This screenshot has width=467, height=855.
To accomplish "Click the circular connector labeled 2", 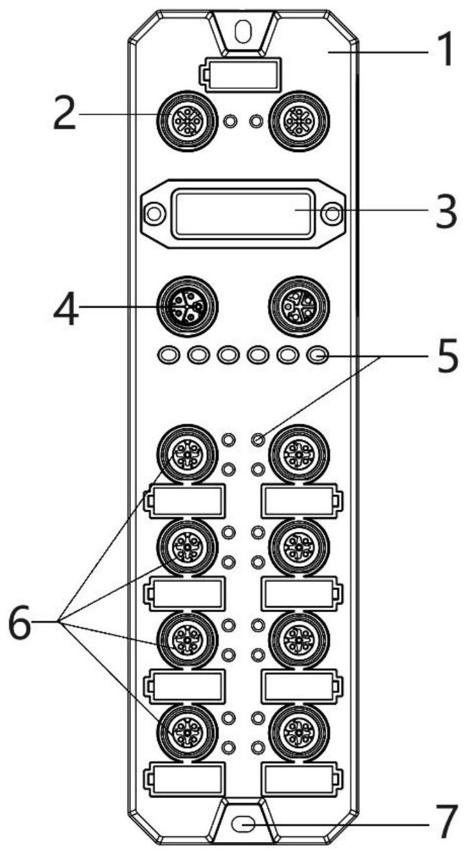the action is (x=187, y=121).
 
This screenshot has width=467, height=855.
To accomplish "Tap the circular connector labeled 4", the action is (x=187, y=306).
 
